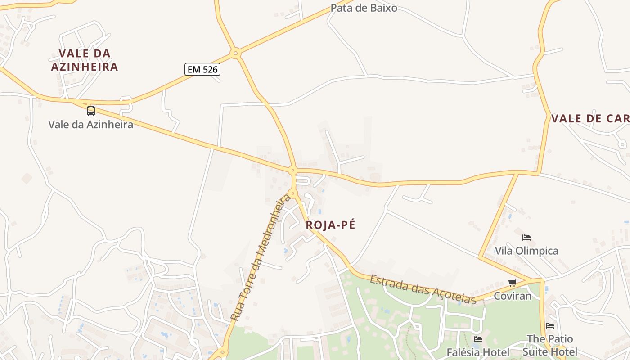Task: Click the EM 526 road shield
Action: pos(202,69)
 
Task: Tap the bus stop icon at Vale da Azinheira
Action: pos(91,111)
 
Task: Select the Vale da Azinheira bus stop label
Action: pos(91,124)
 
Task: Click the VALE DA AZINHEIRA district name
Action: pos(85,60)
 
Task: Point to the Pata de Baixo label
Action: pos(364,8)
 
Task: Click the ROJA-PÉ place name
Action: pos(331,225)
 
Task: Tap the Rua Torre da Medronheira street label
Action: pos(261,257)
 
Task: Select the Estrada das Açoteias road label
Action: pos(423,289)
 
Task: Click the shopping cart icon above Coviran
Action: pos(512,283)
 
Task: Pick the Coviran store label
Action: pos(513,296)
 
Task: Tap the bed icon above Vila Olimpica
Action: pos(526,237)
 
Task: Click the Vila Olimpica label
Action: pos(526,251)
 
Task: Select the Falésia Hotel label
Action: pos(478,352)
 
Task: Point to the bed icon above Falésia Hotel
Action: pos(478,339)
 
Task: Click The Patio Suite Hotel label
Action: pos(550,345)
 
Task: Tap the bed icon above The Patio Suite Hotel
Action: pos(550,325)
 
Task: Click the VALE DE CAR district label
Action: pos(590,119)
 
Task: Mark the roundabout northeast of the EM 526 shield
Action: pos(235,54)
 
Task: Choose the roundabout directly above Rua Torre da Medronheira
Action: pos(293,193)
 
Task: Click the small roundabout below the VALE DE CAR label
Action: pos(622,144)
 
